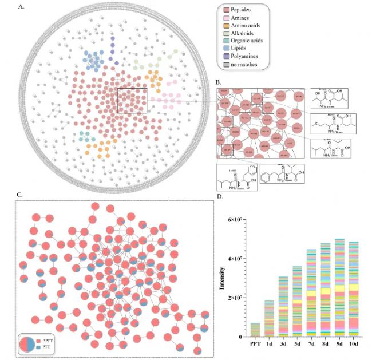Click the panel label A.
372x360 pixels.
21,7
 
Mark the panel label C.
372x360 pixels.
19,195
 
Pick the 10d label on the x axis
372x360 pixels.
354,343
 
